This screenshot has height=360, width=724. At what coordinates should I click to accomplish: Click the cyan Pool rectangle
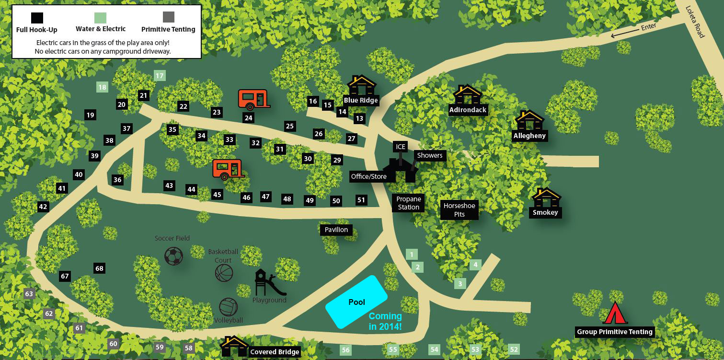point(356,302)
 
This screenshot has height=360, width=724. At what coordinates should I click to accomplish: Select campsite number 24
point(248,118)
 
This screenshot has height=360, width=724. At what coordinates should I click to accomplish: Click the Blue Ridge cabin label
point(361,101)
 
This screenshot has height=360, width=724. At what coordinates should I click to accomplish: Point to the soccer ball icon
point(173,256)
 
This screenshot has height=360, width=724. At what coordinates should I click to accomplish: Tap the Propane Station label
point(408,203)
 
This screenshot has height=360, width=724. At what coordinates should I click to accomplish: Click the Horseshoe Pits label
point(459,210)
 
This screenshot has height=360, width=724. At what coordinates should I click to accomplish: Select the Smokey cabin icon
point(546,197)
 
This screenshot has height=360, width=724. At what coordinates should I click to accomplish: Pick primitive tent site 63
point(29,294)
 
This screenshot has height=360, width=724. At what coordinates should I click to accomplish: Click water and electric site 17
point(160,75)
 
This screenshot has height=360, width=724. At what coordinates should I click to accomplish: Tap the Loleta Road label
point(694,22)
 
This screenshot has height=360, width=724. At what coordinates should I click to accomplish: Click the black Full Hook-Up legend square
point(37,18)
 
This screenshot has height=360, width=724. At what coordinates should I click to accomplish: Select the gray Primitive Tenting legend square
point(168,17)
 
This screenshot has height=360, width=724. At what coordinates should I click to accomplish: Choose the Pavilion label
point(336,230)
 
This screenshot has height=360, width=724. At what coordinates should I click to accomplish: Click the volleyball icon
point(229,307)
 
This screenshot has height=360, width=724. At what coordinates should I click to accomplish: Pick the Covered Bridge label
point(275,352)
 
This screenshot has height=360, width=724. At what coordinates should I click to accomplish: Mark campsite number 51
point(361,200)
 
